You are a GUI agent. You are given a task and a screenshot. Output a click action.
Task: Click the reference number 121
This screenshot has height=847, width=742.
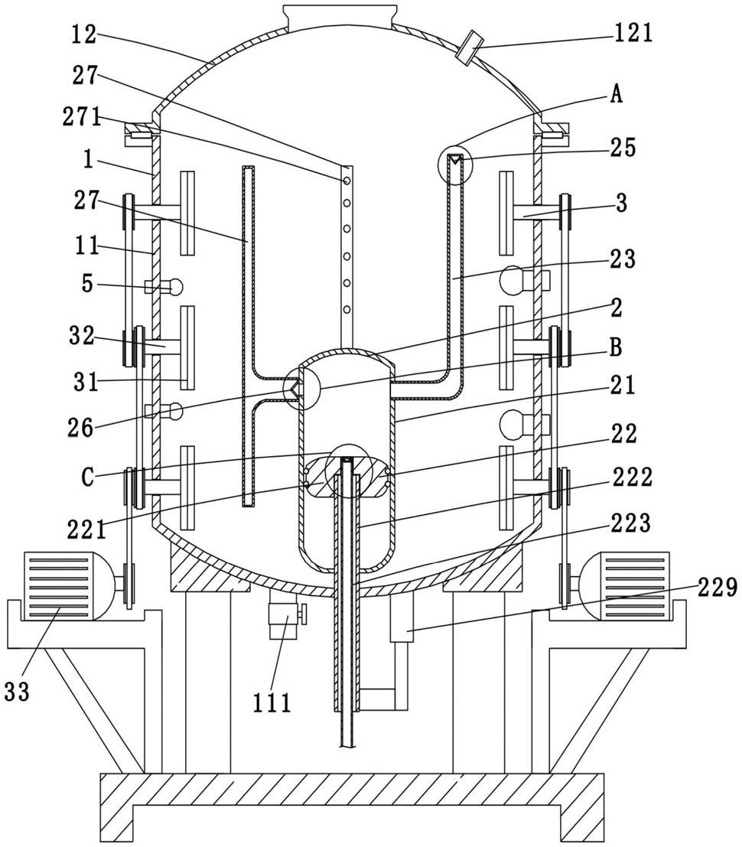click(633, 33)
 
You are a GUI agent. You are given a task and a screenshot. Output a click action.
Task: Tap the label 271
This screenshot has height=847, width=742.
click(82, 116)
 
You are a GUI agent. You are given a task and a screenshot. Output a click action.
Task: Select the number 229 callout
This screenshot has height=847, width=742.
click(718, 587)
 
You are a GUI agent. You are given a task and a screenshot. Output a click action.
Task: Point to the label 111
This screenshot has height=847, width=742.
click(272, 702)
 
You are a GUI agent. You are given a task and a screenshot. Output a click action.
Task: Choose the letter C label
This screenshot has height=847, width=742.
click(87, 477)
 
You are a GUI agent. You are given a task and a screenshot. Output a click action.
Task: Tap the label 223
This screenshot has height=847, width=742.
click(631, 523)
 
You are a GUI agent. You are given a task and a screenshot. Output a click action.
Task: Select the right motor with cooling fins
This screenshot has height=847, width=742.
click(622, 586)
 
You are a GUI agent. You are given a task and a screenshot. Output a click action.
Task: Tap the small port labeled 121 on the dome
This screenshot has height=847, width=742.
click(467, 47)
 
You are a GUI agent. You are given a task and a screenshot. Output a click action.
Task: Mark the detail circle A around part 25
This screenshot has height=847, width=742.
click(455, 163)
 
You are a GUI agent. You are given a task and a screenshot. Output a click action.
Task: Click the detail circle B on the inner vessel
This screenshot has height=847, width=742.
click(301, 389)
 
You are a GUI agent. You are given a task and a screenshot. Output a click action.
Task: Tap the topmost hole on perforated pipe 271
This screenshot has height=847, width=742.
click(347, 181)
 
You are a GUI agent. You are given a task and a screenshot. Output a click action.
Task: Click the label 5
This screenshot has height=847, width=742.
click(87, 284)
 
